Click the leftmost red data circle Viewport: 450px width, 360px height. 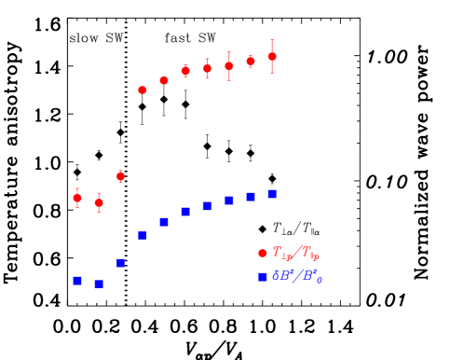(x=77, y=198)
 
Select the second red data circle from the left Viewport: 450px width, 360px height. (x=99, y=202)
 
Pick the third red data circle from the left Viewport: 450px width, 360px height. (x=120, y=175)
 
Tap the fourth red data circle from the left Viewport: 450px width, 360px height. (x=143, y=90)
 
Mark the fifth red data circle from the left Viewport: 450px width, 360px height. (x=164, y=81)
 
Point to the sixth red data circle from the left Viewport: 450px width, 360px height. (x=185, y=71)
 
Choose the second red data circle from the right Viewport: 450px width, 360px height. (x=251, y=62)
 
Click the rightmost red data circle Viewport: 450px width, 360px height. (x=272, y=57)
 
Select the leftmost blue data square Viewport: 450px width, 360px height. (x=77, y=281)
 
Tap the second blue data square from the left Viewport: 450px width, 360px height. (x=99, y=284)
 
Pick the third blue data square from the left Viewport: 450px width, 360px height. (x=120, y=263)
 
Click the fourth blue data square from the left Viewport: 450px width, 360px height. (x=143, y=236)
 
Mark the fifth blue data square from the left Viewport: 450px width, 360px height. (x=164, y=222)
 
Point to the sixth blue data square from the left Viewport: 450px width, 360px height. (x=185, y=212)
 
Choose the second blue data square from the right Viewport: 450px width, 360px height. (x=251, y=197)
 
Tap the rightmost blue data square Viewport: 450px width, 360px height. (x=272, y=194)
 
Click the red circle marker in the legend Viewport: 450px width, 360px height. (x=263, y=254)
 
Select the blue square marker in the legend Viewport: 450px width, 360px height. (x=263, y=277)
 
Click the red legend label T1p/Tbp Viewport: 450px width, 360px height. (x=296, y=253)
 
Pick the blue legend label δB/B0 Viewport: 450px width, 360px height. (x=297, y=276)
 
